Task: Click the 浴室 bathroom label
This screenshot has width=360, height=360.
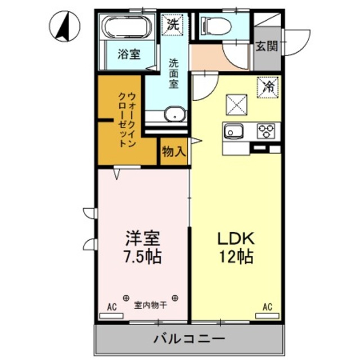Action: pos(129,55)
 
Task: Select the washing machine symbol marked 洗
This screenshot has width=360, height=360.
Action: pos(173,24)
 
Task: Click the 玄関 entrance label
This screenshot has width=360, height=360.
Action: pos(267,46)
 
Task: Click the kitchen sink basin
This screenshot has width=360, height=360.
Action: pos(232,132)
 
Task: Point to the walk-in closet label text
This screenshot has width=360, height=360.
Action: pos(127,118)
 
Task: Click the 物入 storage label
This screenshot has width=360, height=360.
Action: pos(173,152)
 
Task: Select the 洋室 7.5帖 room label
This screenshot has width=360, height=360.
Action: pos(142,247)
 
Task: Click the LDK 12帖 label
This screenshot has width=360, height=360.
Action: pos(235,247)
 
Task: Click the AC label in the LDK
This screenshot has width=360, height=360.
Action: pos(267,307)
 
